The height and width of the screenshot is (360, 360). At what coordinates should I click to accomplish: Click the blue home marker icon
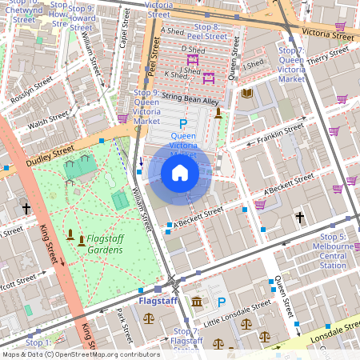click(x=180, y=174)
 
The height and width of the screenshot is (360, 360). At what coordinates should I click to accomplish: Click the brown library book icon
click(x=247, y=94)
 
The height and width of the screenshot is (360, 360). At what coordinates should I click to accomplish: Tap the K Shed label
click(x=174, y=75)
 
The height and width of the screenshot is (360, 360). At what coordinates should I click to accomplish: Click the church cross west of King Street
click(x=26, y=208)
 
